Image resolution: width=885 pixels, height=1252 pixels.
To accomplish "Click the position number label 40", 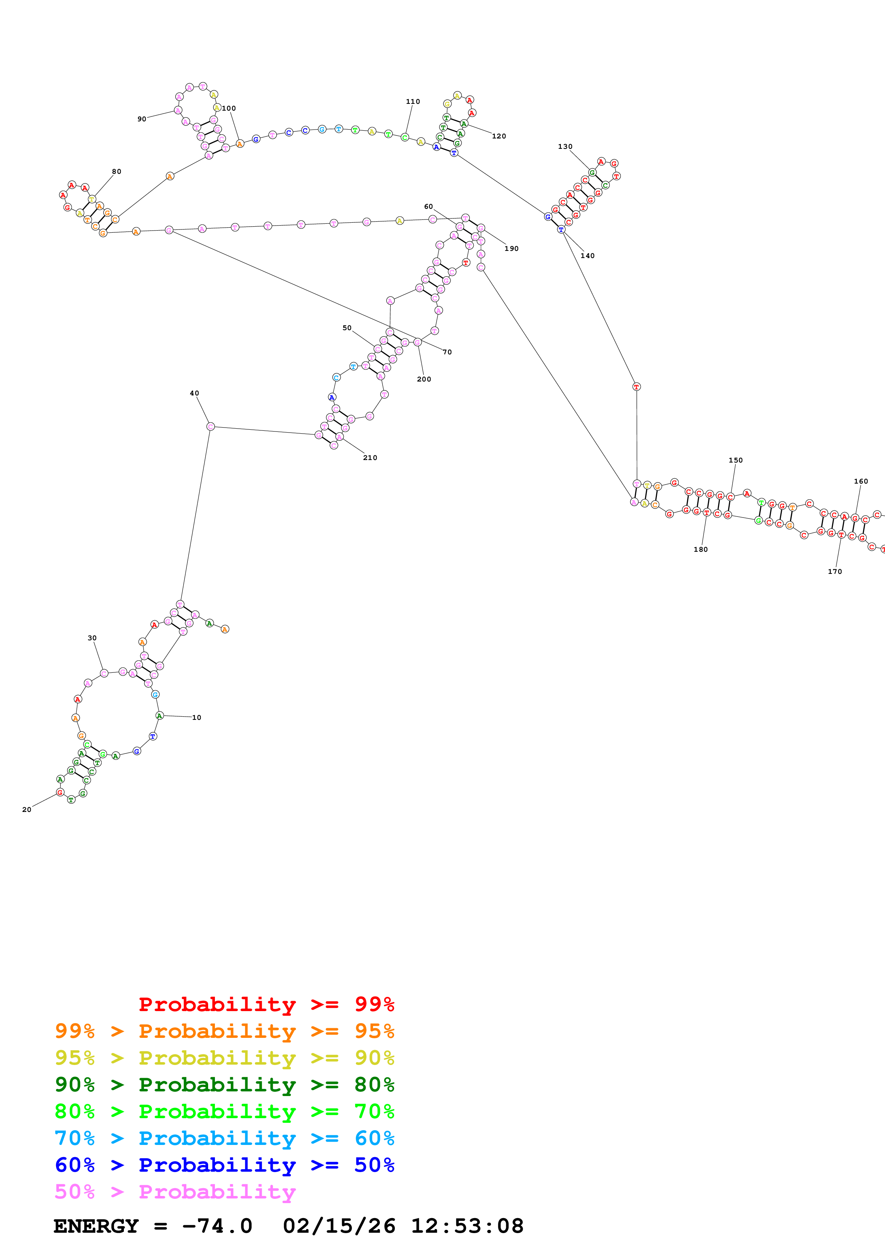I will pyautogui.click(x=194, y=393).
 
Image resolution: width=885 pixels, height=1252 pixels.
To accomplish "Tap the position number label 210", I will pyautogui.click(x=370, y=458).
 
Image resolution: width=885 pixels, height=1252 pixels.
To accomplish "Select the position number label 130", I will pyautogui.click(x=565, y=147).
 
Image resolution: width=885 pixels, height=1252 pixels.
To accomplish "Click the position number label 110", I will pyautogui.click(x=413, y=101).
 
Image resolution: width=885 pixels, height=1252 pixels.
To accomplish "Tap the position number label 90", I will pyautogui.click(x=142, y=119).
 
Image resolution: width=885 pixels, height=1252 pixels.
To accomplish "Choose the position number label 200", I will pyautogui.click(x=424, y=379).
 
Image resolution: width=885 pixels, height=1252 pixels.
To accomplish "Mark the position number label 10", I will pyautogui.click(x=196, y=718).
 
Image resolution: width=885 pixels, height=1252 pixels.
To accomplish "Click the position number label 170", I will pyautogui.click(x=834, y=571).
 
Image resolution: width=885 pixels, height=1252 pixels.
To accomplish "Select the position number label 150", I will pyautogui.click(x=735, y=460).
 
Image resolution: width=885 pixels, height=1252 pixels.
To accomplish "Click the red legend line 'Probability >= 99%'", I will pyautogui.click(x=266, y=1004).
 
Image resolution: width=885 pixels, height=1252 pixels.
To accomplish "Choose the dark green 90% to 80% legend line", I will pyautogui.click(x=224, y=1085).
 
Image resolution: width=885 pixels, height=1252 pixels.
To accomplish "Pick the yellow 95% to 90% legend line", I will pyautogui.click(x=224, y=1058).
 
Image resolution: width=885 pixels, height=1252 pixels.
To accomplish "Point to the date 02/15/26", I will pyautogui.click(x=339, y=1226).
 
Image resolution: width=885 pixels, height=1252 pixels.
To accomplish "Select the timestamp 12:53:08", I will pyautogui.click(x=467, y=1226).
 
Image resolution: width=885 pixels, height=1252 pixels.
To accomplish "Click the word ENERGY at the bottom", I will pyautogui.click(x=96, y=1226).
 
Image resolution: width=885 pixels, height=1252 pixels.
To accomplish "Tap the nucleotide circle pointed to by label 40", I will pyautogui.click(x=211, y=426).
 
